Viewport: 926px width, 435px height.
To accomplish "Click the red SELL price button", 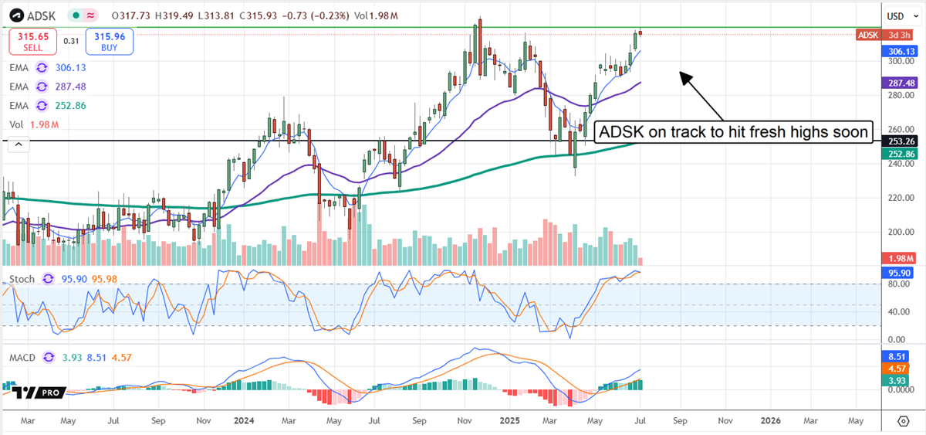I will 32,41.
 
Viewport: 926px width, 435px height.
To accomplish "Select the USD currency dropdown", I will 896,15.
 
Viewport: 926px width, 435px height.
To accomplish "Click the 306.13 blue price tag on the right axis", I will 897,51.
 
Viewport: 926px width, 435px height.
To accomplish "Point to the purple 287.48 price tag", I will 897,83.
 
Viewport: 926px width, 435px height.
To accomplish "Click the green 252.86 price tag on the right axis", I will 897,154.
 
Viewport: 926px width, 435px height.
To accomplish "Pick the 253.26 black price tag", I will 897,141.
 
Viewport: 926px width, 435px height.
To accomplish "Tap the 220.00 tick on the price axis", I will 895,198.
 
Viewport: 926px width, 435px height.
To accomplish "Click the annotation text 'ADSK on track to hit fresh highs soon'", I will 735,132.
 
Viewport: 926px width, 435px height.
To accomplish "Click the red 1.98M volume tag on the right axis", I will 897,258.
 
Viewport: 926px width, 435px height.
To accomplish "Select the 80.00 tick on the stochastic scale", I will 895,284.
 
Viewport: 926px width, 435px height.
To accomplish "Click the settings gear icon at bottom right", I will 904,421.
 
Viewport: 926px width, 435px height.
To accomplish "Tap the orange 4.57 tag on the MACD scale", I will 897,369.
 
